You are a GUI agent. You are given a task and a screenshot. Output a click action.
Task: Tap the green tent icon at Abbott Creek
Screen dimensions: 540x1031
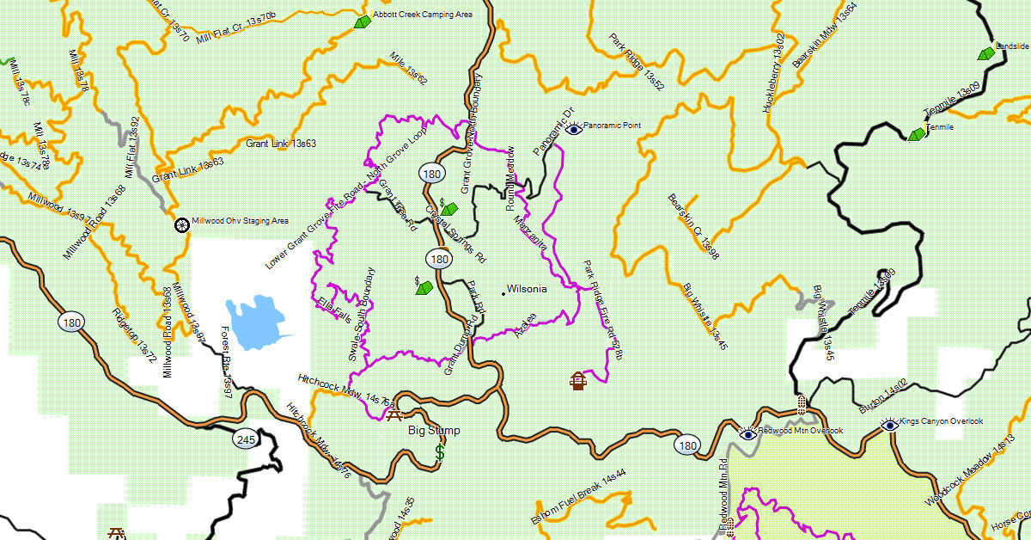tap(362, 21)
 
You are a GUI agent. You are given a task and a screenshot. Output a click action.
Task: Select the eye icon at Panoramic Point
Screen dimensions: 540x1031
tap(574, 128)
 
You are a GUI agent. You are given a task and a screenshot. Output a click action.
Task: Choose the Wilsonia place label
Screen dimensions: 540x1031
tap(527, 289)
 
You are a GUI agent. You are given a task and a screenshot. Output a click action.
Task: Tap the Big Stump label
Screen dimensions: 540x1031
tap(434, 431)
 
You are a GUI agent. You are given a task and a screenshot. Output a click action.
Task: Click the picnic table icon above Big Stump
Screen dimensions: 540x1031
tap(394, 415)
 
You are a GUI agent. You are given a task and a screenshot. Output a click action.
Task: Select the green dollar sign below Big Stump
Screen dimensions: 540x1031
tap(440, 451)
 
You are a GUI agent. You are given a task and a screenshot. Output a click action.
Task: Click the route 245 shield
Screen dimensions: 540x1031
tap(245, 440)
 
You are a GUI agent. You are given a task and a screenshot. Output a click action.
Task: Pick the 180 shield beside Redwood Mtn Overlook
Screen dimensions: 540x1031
tap(686, 445)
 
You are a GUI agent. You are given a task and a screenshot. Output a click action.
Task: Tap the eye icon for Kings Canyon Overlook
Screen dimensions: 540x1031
tap(889, 424)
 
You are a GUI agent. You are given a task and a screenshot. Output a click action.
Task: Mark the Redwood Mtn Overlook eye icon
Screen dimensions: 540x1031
tap(748, 433)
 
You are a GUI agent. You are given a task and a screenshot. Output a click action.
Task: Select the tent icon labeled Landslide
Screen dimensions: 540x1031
tap(986, 52)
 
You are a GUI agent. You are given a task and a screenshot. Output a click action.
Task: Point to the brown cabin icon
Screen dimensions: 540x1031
tap(578, 380)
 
